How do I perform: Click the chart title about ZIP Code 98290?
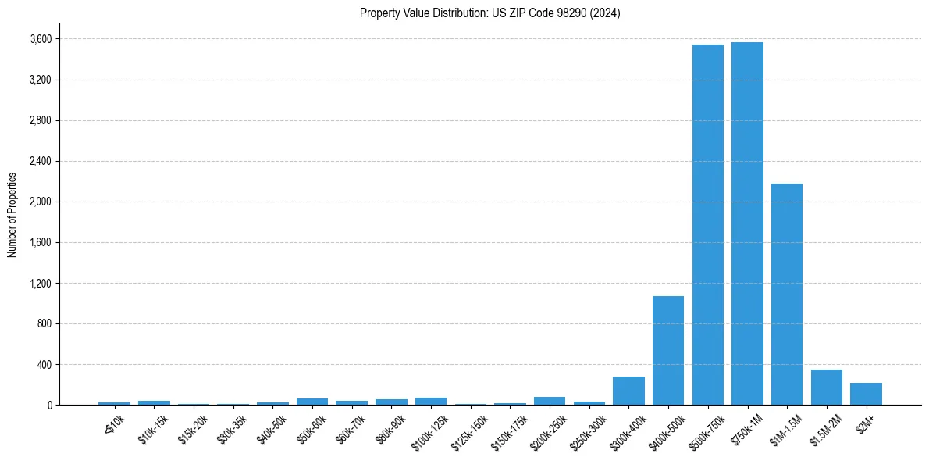pos(489,13)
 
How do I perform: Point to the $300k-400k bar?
pos(628,391)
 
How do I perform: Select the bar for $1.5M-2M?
pos(827,387)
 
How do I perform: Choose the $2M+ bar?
pos(866,394)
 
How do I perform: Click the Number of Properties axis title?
pos(12,214)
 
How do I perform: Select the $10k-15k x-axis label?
pos(153,430)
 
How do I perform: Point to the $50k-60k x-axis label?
pos(311,430)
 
